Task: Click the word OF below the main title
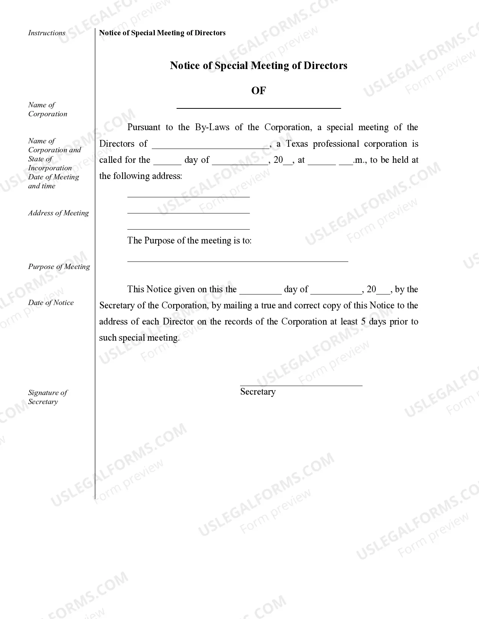tap(258, 91)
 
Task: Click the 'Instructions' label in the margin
tap(47, 33)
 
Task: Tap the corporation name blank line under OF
tap(258, 107)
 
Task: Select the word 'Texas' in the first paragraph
tap(297, 144)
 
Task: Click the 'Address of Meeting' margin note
tap(58, 213)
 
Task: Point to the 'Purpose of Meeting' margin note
tap(59, 267)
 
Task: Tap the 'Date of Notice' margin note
tap(51, 303)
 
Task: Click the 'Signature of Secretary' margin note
tap(47, 397)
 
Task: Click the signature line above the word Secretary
tap(301, 385)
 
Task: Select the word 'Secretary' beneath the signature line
tap(258, 392)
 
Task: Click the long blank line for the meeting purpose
tap(237, 260)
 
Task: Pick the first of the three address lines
tap(188, 196)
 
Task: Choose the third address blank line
tap(188, 228)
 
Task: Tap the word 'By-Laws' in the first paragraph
tap(212, 128)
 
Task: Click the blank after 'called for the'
tap(167, 163)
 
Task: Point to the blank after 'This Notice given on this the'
tap(260, 293)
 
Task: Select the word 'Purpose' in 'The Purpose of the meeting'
tap(158, 241)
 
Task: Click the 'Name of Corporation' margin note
tap(47, 110)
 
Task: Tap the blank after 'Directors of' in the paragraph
tap(210, 147)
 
